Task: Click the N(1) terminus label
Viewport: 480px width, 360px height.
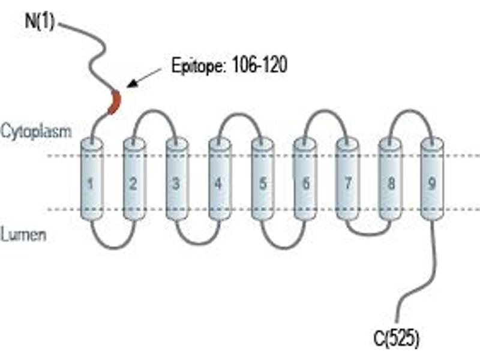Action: tap(40, 22)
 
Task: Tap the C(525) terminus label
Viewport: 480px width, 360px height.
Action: tap(396, 338)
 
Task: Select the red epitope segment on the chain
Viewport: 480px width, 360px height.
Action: tap(115, 102)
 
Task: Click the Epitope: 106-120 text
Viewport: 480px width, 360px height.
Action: tap(229, 65)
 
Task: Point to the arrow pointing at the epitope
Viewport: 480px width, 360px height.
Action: tap(144, 78)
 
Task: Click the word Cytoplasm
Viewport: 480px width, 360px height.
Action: tap(36, 131)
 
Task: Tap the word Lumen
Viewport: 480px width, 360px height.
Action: tap(23, 235)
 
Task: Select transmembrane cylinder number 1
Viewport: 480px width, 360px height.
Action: tap(92, 179)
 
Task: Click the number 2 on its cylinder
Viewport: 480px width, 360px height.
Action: tap(133, 184)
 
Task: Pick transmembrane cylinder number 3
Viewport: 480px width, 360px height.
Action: tap(177, 179)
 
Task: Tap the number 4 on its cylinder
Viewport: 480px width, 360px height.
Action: tap(218, 184)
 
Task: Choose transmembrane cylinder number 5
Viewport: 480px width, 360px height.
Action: tap(262, 179)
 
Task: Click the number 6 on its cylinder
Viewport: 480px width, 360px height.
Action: tap(306, 184)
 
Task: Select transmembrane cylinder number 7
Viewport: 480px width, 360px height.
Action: tap(347, 179)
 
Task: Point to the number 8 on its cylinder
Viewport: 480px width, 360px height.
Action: tap(391, 184)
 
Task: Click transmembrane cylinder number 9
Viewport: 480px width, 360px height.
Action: tap(432, 179)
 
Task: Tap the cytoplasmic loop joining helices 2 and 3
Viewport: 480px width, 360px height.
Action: tap(155, 111)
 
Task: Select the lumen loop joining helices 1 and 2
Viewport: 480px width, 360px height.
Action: tap(113, 247)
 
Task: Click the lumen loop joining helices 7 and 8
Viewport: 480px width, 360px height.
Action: tap(369, 235)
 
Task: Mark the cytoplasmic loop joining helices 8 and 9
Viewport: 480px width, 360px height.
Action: tap(410, 111)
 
